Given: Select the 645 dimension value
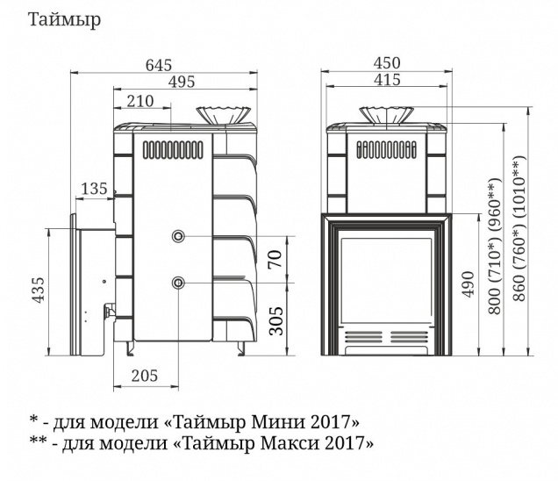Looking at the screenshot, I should point(158,64).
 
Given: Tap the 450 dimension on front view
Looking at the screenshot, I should point(386,62).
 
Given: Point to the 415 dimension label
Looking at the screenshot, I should point(386,81).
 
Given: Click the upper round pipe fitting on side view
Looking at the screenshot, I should point(179,237).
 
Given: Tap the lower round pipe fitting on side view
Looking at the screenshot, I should point(179,283).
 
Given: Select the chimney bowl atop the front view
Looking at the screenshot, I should point(386,115).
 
